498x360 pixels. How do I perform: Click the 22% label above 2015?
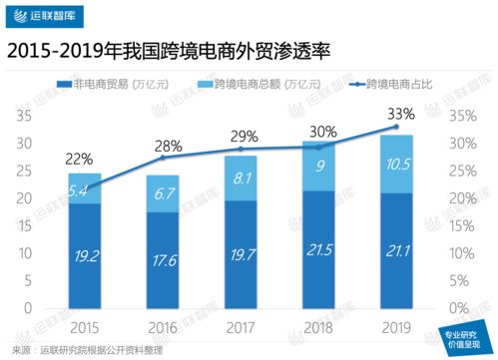(80, 158)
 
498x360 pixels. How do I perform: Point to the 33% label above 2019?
(399, 111)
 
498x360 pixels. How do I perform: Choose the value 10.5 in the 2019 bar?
(398, 164)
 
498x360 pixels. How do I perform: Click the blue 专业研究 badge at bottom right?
(462, 339)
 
